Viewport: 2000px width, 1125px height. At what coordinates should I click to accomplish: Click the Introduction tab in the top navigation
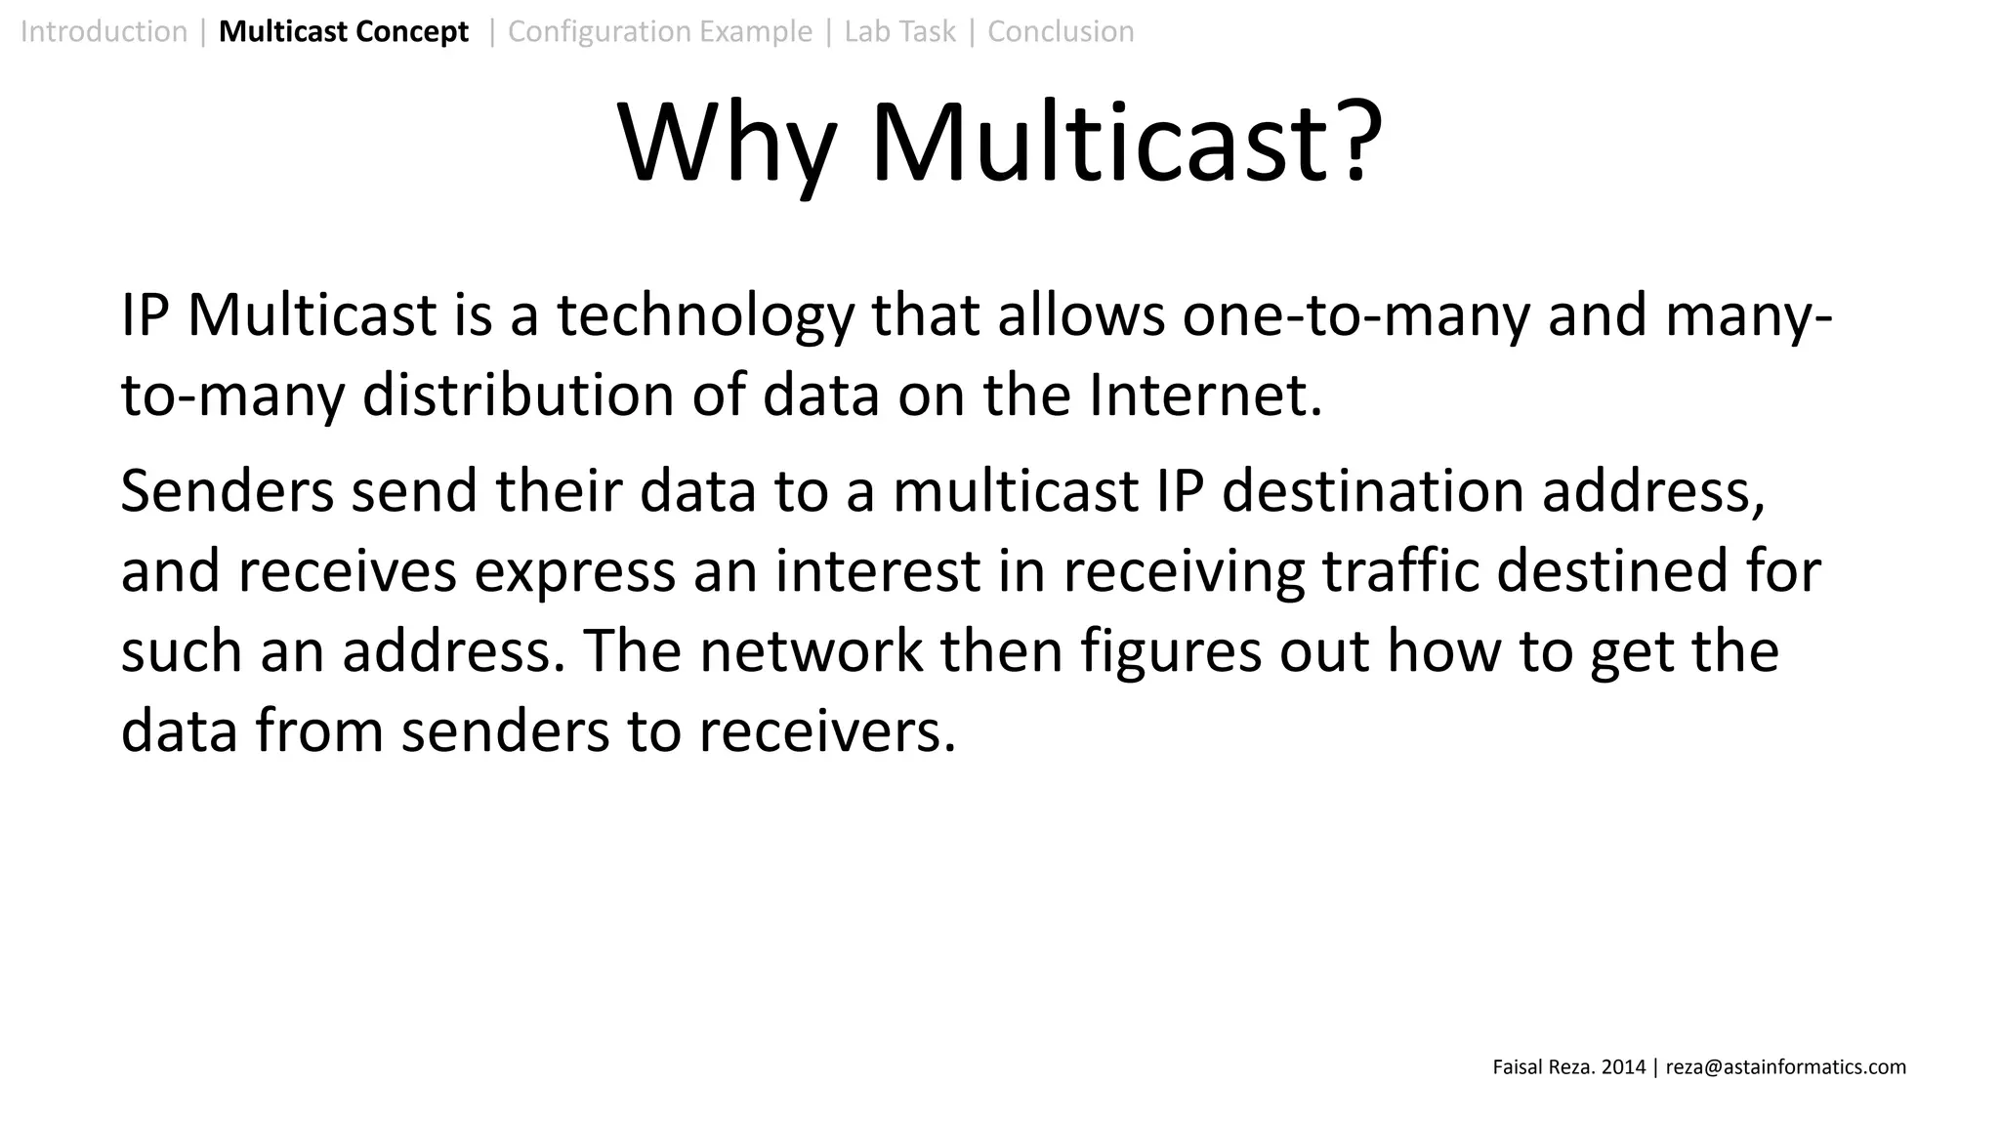point(104,31)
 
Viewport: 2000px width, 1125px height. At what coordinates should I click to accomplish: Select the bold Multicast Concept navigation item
point(344,31)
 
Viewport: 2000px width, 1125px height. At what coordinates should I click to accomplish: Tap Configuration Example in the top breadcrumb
point(660,31)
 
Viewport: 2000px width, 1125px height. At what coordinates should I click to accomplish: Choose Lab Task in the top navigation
point(899,31)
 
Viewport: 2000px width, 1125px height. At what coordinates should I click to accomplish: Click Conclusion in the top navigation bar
point(1061,31)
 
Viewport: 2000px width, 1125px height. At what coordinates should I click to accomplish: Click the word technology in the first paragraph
point(705,316)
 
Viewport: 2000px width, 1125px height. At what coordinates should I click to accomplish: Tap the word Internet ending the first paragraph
point(1204,396)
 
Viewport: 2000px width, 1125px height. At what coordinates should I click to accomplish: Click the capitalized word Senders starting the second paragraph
point(227,490)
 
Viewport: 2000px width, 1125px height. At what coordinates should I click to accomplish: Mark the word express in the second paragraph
point(575,571)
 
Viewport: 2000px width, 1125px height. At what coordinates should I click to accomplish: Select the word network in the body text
point(811,651)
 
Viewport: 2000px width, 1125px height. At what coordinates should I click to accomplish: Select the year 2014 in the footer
point(1624,1067)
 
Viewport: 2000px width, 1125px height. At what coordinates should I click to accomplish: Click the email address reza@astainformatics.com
point(1785,1067)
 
